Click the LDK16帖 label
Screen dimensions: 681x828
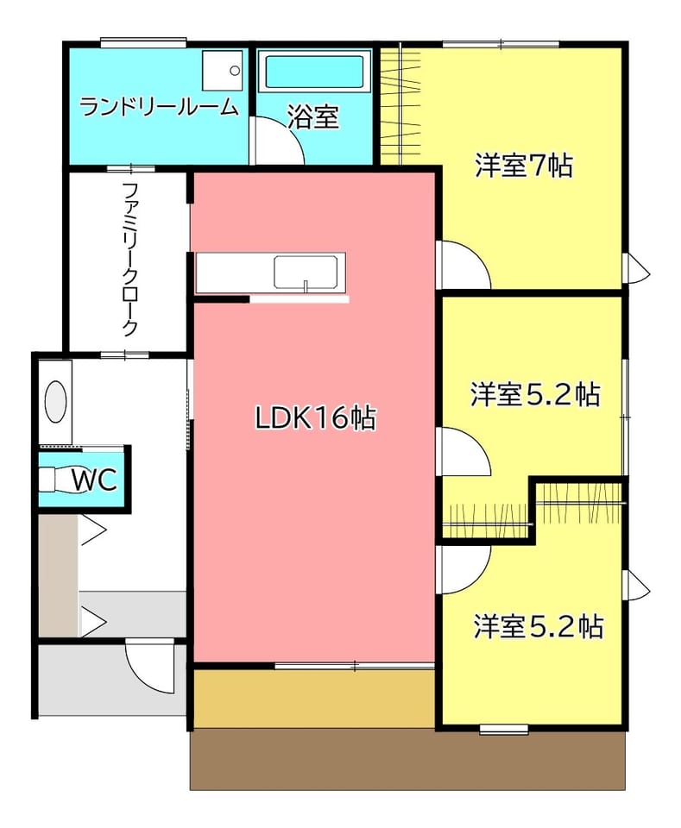point(315,417)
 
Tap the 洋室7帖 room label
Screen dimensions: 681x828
point(524,166)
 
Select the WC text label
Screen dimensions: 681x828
point(95,480)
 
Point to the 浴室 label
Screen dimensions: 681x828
point(312,117)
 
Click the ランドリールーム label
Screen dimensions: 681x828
point(159,107)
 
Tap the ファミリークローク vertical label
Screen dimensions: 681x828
point(129,260)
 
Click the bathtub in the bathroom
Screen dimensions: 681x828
point(314,72)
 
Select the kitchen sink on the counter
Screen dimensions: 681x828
point(306,273)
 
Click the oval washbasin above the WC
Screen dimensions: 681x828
point(55,402)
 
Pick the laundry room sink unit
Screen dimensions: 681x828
point(223,70)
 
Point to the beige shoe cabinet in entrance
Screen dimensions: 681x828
point(58,575)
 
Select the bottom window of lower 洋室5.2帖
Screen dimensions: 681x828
point(504,730)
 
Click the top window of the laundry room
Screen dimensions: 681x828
point(143,42)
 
